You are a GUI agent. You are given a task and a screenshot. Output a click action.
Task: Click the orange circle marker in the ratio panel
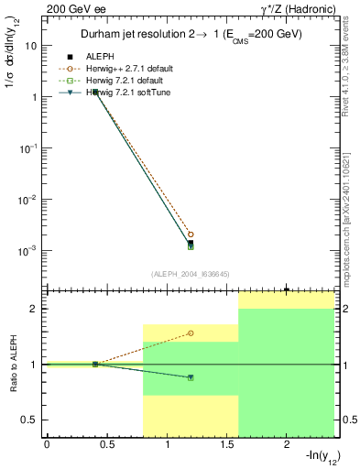[191, 333]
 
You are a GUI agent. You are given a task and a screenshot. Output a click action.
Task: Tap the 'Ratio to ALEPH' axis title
[11, 364]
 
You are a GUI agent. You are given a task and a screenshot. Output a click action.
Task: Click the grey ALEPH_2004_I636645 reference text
[190, 273]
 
